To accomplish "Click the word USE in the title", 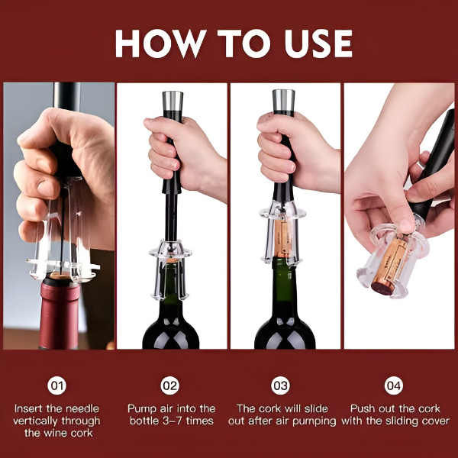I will (x=312, y=44).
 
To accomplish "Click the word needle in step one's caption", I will (x=82, y=408).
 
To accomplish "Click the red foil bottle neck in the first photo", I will (x=60, y=313).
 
